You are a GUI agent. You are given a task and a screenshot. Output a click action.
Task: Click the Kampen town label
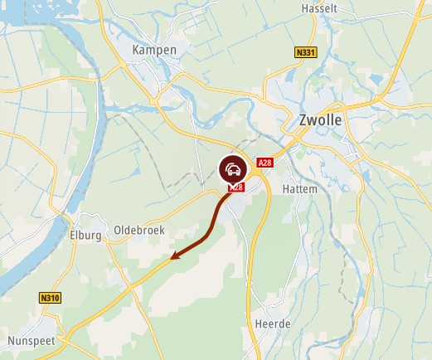tap(154, 51)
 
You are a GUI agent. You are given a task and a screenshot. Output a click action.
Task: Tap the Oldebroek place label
tap(139, 230)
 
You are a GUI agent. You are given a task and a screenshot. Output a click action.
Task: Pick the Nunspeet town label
tap(30, 341)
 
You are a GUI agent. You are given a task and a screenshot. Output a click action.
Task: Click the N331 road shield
tap(305, 52)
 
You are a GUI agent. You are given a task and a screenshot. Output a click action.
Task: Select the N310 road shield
tap(51, 296)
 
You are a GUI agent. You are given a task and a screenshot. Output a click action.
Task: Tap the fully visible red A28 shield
tap(265, 163)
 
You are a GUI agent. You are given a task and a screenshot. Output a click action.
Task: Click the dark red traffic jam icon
tap(233, 169)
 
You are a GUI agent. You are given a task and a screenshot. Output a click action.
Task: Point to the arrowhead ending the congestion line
tap(175, 257)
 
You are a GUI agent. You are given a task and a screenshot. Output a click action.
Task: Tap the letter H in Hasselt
tap(305, 7)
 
